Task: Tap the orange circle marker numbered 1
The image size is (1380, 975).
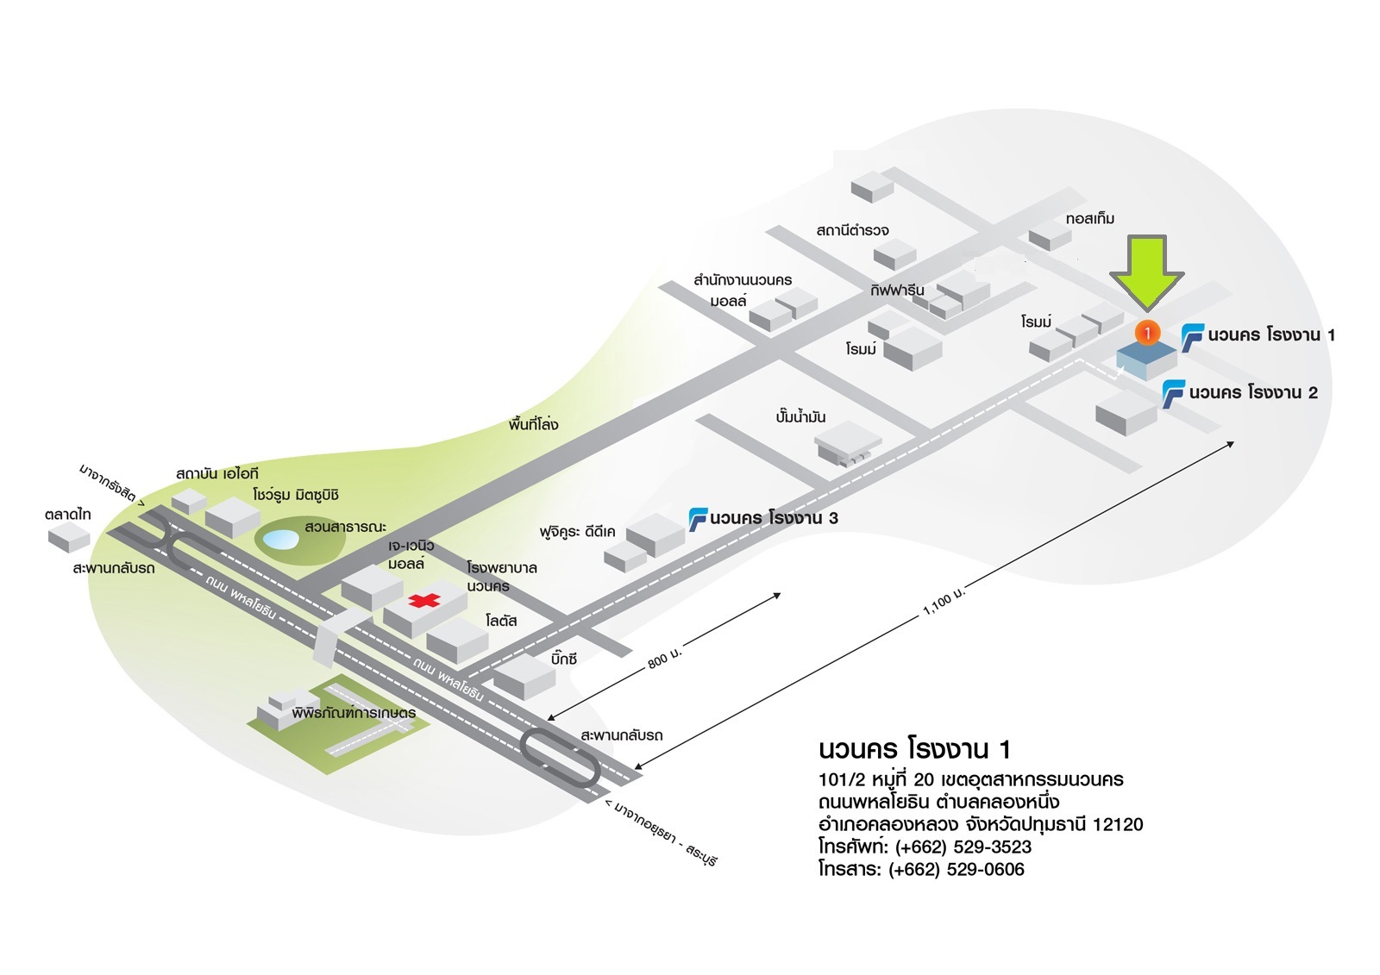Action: (x=1147, y=333)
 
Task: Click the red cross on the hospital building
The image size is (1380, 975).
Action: (x=423, y=600)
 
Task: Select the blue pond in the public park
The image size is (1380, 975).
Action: (x=280, y=541)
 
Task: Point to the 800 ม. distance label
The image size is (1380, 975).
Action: (x=664, y=659)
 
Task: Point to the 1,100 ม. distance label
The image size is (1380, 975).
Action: (x=944, y=602)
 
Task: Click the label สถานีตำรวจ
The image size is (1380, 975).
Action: (x=852, y=230)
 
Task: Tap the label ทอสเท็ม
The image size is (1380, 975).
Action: (x=1089, y=219)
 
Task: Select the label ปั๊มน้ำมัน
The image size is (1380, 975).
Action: (x=800, y=417)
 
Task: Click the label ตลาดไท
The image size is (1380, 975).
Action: (x=68, y=515)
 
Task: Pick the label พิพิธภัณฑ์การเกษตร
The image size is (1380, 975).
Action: (x=354, y=713)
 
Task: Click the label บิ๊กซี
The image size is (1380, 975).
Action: (x=563, y=659)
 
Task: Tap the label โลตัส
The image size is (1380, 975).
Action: (x=501, y=621)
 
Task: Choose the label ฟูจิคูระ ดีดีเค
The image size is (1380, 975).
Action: (x=577, y=532)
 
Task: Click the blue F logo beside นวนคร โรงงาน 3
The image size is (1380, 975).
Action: (x=697, y=519)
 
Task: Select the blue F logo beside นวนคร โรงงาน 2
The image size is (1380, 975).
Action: (x=1173, y=393)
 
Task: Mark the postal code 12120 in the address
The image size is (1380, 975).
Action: (x=1117, y=824)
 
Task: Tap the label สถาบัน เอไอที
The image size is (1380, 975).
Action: (x=216, y=473)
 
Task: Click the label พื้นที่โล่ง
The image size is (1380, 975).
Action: (x=533, y=424)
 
